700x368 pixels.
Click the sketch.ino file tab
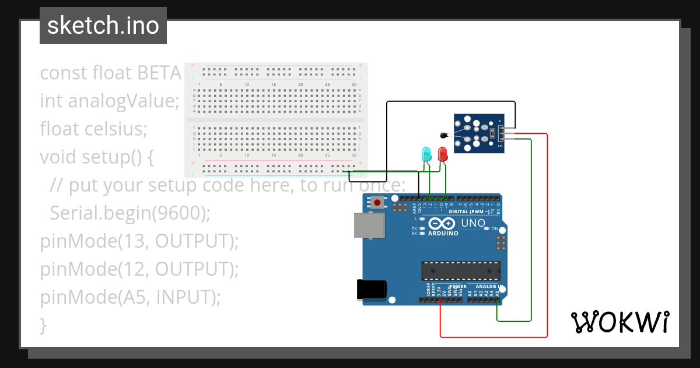[103, 26]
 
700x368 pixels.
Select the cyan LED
[426, 154]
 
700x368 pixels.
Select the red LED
[443, 154]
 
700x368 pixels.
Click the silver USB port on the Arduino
[369, 225]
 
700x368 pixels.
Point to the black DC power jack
[372, 290]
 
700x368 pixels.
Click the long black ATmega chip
[461, 270]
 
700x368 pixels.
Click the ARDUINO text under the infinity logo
[443, 234]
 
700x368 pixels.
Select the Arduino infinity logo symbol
[443, 224]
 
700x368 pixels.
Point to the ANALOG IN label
[488, 287]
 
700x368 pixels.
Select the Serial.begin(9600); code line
[129, 213]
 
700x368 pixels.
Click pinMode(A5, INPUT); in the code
[130, 297]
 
